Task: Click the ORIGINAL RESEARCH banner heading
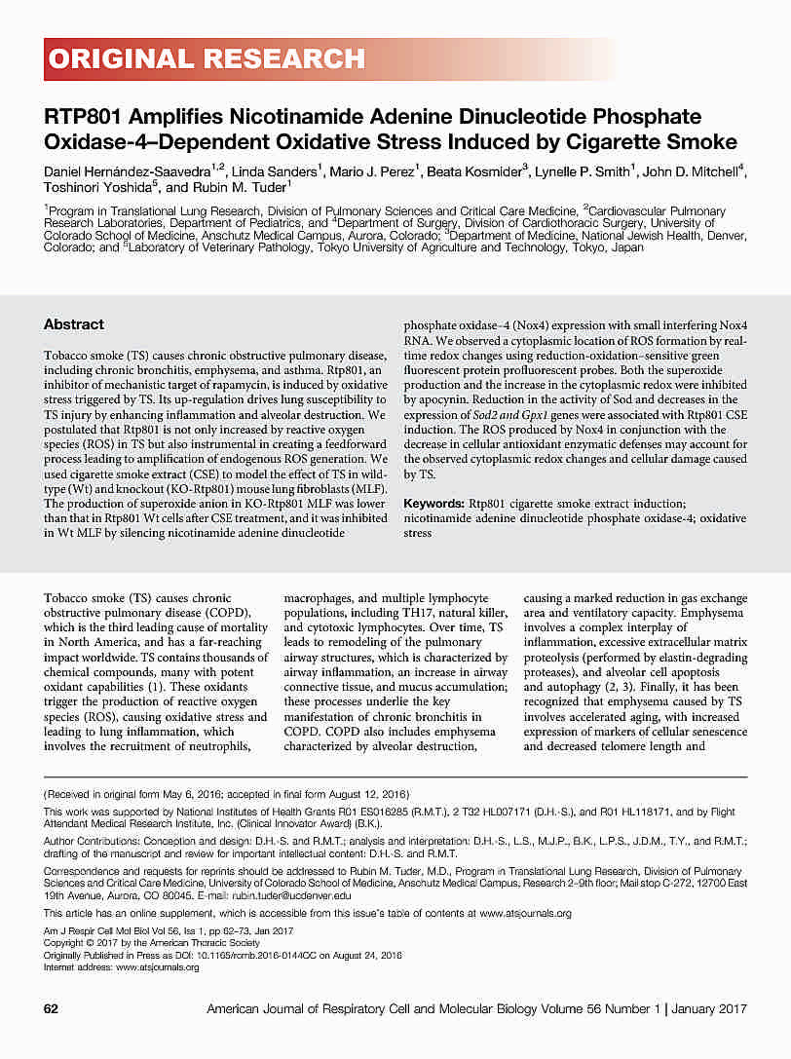tap(206, 59)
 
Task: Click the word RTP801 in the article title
tap(79, 117)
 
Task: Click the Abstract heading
tap(74, 324)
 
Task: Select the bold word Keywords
tap(433, 503)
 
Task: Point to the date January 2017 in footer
tap(710, 1009)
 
